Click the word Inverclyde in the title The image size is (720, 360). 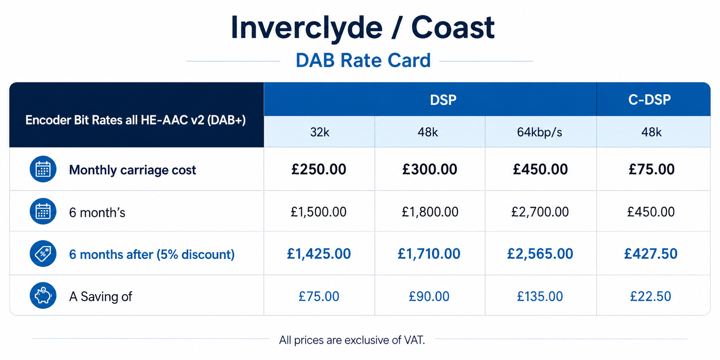click(306, 28)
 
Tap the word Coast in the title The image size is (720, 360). click(453, 28)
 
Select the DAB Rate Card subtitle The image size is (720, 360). click(363, 60)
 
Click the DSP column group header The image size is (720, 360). click(443, 100)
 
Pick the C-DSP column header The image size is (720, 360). click(649, 100)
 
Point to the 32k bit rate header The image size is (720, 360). click(320, 132)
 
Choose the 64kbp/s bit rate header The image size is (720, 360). click(539, 132)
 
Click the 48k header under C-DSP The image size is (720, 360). click(651, 132)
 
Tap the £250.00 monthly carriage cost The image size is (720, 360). click(319, 169)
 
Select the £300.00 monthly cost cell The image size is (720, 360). click(430, 169)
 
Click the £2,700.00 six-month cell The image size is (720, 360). click(540, 212)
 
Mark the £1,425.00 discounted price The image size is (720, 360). click(319, 254)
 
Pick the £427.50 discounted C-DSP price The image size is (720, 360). click(651, 254)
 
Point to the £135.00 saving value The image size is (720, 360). click(540, 297)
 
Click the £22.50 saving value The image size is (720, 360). click(651, 297)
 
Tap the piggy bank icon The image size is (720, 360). click(43, 295)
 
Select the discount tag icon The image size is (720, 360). click(43, 253)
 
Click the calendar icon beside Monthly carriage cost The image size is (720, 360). click(43, 169)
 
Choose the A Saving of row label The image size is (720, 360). click(101, 297)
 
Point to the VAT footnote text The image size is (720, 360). click(352, 340)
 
